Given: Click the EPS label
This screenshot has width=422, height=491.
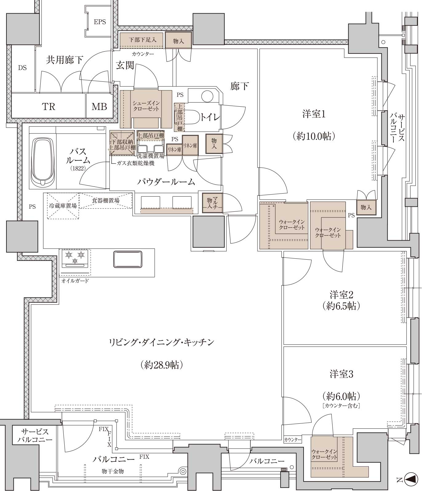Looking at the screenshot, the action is [x=100, y=22].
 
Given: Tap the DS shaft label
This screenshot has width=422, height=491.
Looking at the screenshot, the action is [x=22, y=68].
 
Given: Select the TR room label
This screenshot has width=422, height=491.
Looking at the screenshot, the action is [x=49, y=107].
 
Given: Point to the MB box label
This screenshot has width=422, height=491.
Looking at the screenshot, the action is [x=99, y=107].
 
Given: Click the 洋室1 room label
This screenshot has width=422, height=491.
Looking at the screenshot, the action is [x=314, y=114].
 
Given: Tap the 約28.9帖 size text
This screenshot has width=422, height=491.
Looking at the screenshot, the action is [x=162, y=365].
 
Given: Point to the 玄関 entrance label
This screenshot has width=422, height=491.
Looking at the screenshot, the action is [x=125, y=65].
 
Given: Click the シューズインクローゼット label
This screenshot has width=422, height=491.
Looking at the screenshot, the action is [x=146, y=106].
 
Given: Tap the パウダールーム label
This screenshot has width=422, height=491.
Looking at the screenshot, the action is [x=166, y=182].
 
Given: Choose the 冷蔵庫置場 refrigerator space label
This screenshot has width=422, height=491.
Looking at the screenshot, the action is [x=63, y=206].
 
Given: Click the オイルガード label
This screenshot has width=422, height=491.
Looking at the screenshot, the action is [x=75, y=281].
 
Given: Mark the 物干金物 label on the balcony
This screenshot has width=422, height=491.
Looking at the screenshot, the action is [x=113, y=471].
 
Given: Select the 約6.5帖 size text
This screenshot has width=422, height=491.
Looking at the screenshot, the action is [x=341, y=306].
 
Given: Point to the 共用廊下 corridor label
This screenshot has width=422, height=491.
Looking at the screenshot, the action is [x=65, y=60].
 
